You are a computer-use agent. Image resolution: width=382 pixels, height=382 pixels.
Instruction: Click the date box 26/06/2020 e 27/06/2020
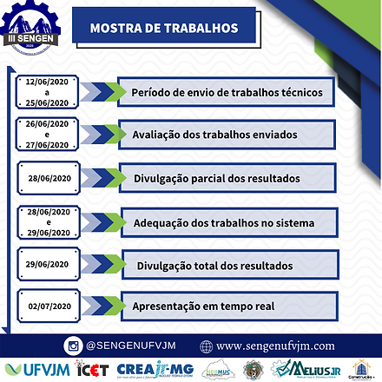point(53,135)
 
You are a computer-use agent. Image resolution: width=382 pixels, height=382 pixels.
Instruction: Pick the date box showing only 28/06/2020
point(53,177)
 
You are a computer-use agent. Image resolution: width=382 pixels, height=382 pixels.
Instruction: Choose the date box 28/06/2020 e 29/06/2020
point(53,222)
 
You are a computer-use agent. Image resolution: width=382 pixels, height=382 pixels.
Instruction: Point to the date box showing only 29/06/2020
point(53,263)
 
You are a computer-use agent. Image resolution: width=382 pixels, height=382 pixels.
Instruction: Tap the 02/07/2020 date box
point(53,306)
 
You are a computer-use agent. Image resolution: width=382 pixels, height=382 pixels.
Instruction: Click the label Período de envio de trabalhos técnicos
point(227,92)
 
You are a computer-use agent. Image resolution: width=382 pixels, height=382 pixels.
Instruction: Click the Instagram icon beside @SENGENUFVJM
point(74,346)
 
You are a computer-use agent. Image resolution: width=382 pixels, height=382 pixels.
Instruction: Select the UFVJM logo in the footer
point(34,368)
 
